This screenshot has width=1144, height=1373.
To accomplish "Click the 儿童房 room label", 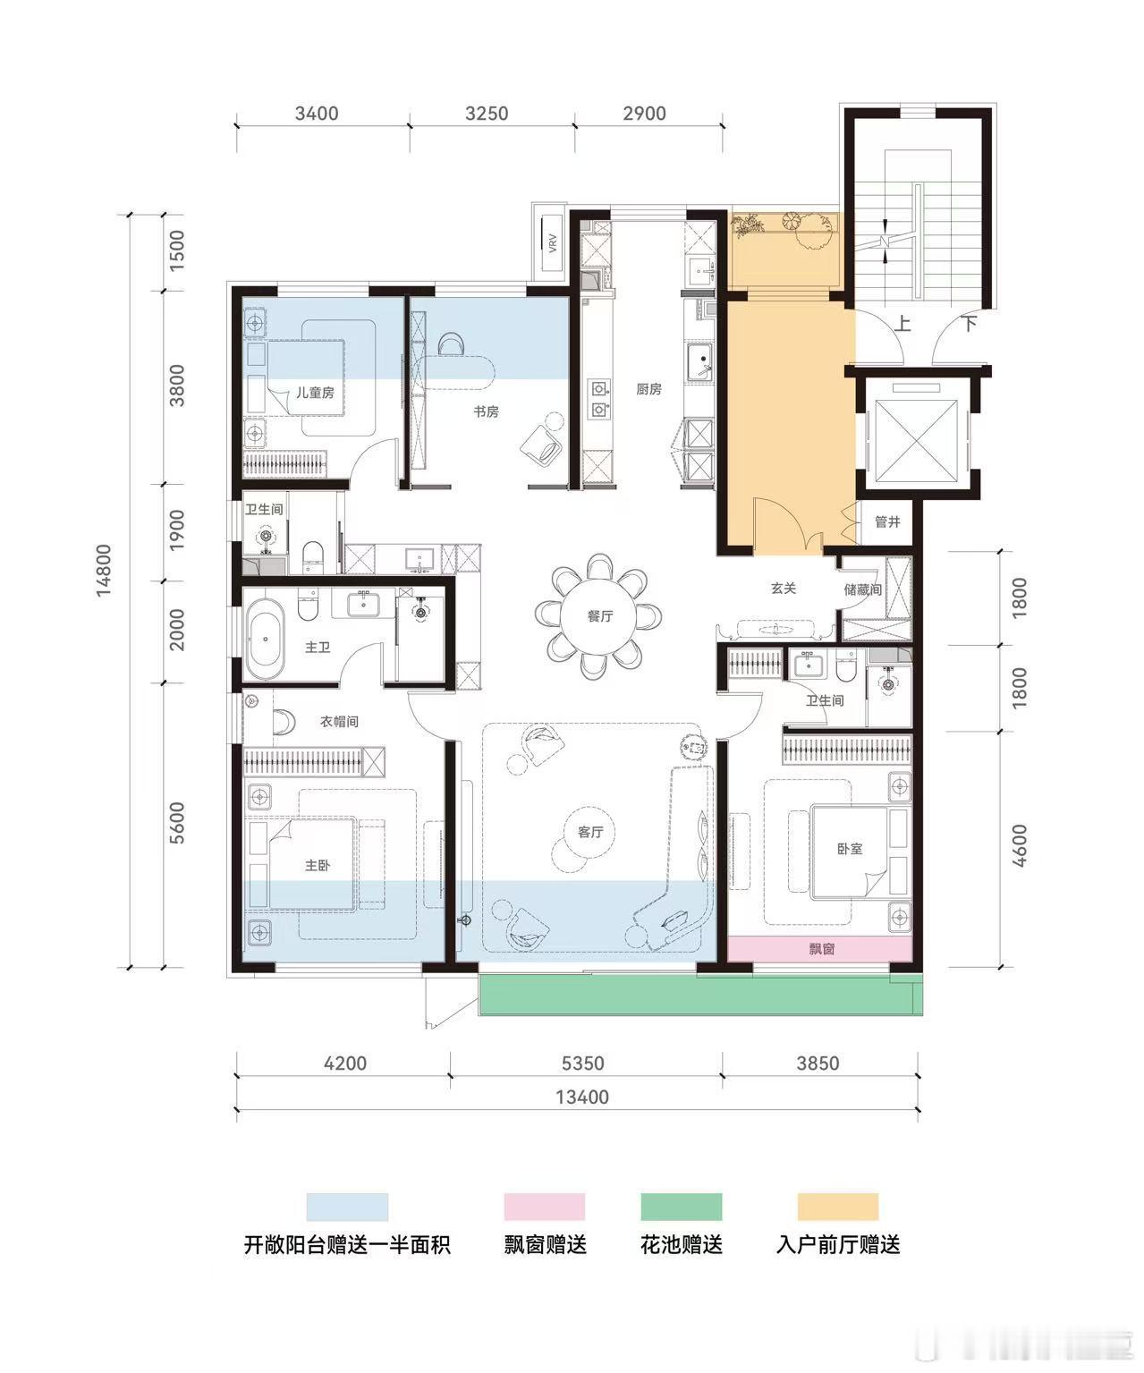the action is tap(315, 393).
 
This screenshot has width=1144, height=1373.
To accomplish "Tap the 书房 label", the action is tap(486, 411).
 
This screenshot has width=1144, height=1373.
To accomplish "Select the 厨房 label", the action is tap(648, 389).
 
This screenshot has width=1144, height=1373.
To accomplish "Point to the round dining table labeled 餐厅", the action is tap(599, 616).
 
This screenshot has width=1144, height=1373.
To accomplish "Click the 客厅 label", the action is tap(590, 832).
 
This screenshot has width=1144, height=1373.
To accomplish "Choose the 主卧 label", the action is tap(318, 865).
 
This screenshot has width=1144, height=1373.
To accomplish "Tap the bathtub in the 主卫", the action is tap(265, 639).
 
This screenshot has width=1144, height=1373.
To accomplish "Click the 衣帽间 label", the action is tap(339, 721).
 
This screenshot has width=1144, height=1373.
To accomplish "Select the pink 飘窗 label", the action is tap(822, 949).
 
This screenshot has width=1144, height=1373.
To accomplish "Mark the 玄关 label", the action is tap(784, 589).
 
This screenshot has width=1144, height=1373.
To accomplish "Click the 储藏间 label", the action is tap(862, 589).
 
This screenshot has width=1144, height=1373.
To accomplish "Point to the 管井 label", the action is tap(887, 522).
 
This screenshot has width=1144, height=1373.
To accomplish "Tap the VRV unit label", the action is tap(553, 243).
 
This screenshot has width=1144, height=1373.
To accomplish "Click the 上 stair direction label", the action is tap(903, 324).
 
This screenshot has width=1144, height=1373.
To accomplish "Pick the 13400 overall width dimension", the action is tap(582, 1097).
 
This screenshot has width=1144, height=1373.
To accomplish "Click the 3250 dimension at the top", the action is tap(487, 113).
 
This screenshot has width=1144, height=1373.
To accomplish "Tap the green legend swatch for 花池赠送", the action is tap(682, 1208).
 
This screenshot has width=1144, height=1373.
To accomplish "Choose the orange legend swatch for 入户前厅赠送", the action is tap(837, 1208).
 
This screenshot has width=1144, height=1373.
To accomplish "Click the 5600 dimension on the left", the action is tap(177, 824).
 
